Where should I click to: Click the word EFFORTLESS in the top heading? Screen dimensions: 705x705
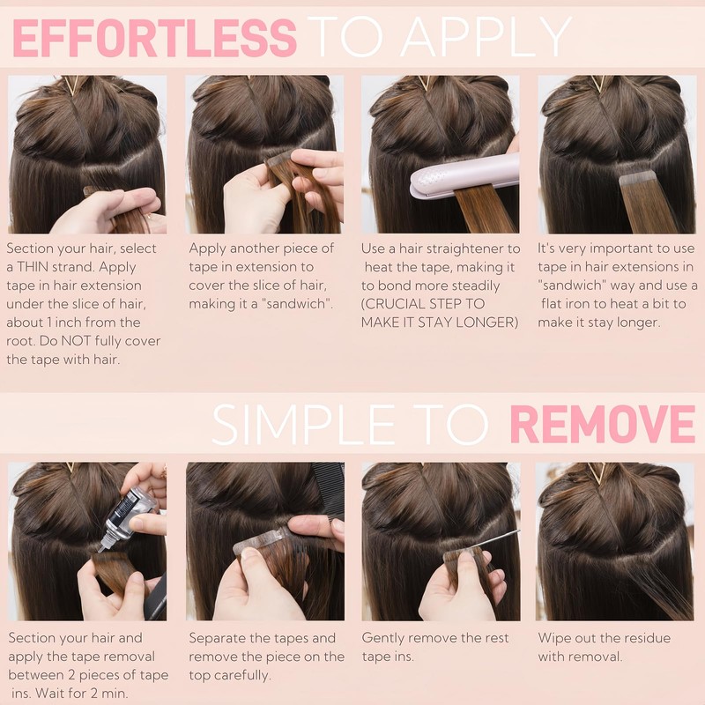tap(155, 38)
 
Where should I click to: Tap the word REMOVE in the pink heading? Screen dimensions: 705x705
tap(603, 425)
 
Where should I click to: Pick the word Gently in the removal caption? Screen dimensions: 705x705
tap(386, 638)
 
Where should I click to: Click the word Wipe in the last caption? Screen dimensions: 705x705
tap(555, 638)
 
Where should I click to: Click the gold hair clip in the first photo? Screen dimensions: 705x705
tap(71, 85)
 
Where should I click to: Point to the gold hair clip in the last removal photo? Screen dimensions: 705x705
tap(598, 474)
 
